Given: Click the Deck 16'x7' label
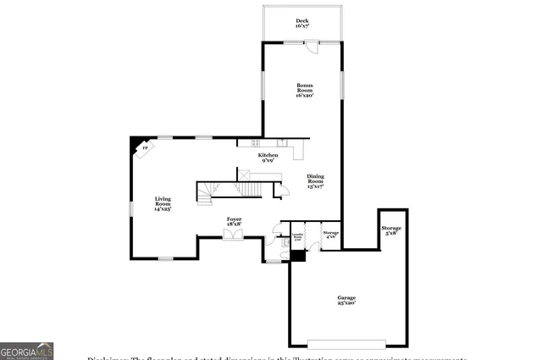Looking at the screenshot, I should [x=301, y=23].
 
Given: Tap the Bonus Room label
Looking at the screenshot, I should [x=305, y=90].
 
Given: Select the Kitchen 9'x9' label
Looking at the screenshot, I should [x=268, y=158].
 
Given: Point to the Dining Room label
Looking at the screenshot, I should [x=315, y=180].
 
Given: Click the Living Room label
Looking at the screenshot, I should [x=163, y=203].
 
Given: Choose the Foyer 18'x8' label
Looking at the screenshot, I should [x=234, y=221].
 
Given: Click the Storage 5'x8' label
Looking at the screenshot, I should [x=391, y=230].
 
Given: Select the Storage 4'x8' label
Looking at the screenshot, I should [x=330, y=234].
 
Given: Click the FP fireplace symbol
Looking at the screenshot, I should [x=143, y=149].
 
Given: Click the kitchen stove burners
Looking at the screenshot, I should [x=244, y=142].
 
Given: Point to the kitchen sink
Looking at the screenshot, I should [x=283, y=141].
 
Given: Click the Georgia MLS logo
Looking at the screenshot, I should [x=26, y=351].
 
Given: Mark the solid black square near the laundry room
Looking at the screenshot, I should [x=296, y=256].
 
